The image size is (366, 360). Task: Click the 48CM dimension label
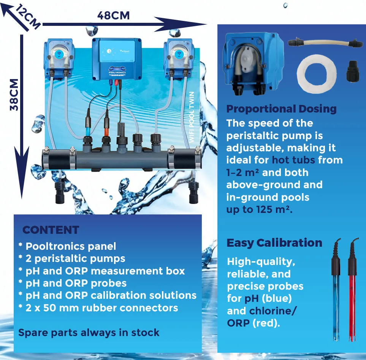click(x=113, y=16)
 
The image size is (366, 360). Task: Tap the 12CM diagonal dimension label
click(x=28, y=16)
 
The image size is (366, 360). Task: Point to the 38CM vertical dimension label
click(x=14, y=95)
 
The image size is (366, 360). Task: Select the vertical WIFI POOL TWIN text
click(x=192, y=117)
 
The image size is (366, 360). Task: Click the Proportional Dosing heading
click(x=282, y=109)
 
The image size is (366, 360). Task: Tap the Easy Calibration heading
click(x=274, y=243)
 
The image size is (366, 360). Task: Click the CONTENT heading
click(x=51, y=230)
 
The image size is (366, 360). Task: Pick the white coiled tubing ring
click(x=317, y=74)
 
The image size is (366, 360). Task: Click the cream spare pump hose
click(x=322, y=43)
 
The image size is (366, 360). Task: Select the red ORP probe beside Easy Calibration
click(x=352, y=290)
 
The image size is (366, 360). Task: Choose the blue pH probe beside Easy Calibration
click(x=336, y=290)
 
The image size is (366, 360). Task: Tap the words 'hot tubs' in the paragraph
click(x=293, y=160)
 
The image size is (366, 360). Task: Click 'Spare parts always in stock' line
click(x=89, y=333)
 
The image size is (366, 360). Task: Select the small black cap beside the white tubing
click(x=353, y=71)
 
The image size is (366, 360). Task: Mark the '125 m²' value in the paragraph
click(x=273, y=209)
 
